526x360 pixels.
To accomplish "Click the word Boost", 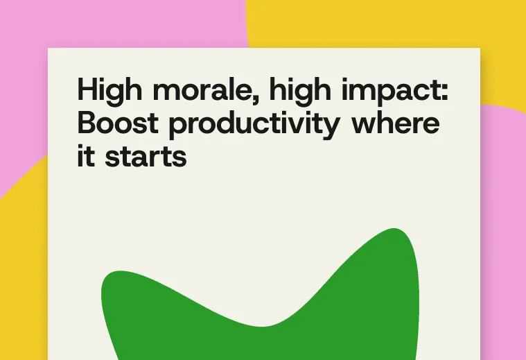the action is pyautogui.click(x=118, y=123).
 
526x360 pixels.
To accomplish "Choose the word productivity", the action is pyautogui.click(x=254, y=125).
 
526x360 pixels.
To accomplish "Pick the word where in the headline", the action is pyautogui.click(x=395, y=123).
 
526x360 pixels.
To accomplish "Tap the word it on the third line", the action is pyautogui.click(x=86, y=155).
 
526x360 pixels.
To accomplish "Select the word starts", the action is pyautogui.click(x=146, y=157).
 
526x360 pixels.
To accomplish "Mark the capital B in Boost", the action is pyautogui.click(x=87, y=123).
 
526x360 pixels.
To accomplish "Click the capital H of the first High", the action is pyautogui.click(x=87, y=89).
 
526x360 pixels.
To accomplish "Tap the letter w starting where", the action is pyautogui.click(x=365, y=126).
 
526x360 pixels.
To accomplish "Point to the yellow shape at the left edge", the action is pyautogui.click(x=24, y=262).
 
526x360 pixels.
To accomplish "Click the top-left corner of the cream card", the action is pyautogui.click(x=48, y=48).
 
